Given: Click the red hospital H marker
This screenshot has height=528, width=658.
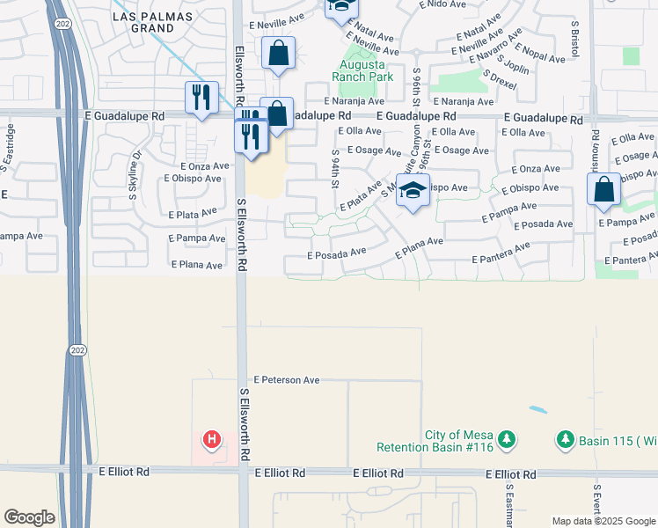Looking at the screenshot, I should [211, 438].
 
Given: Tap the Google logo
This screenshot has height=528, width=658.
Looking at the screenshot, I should [29, 517].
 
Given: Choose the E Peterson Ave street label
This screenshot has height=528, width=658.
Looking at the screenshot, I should [286, 380].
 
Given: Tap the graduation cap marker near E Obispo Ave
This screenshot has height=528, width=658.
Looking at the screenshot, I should [413, 190].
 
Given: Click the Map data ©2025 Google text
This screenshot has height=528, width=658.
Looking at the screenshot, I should [603, 521].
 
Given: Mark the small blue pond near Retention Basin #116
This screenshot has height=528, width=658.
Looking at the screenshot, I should [536, 410].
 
